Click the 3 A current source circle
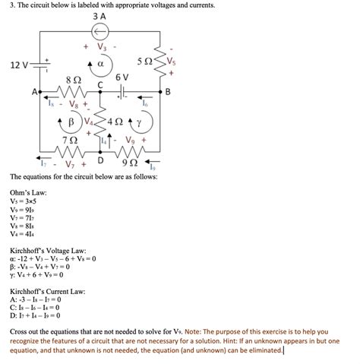click(100, 30)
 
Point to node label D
click(100, 161)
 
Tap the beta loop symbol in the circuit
click(71, 122)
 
